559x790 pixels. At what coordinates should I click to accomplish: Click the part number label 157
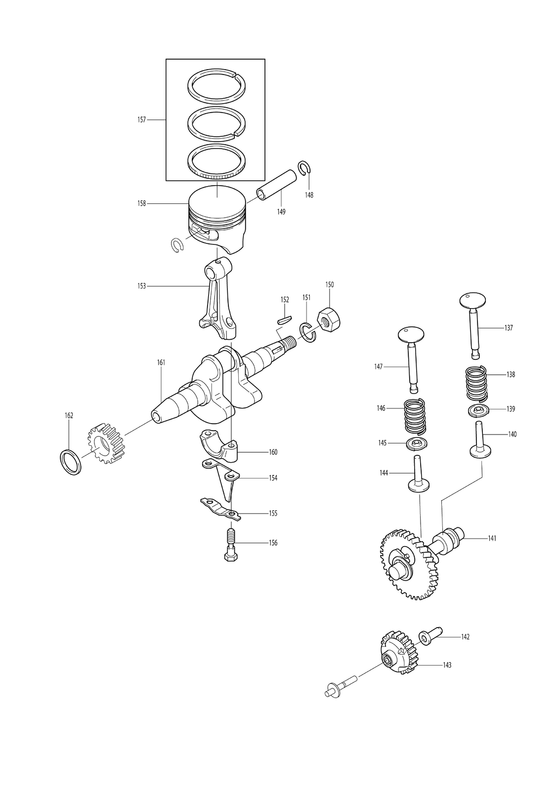pyautogui.click(x=142, y=120)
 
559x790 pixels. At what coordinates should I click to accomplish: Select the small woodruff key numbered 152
pyautogui.click(x=284, y=319)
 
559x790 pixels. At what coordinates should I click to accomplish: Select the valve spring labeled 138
pyautogui.click(x=476, y=384)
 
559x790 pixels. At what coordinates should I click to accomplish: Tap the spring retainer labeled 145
pyautogui.click(x=417, y=444)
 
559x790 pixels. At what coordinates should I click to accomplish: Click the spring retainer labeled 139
pyautogui.click(x=478, y=411)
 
